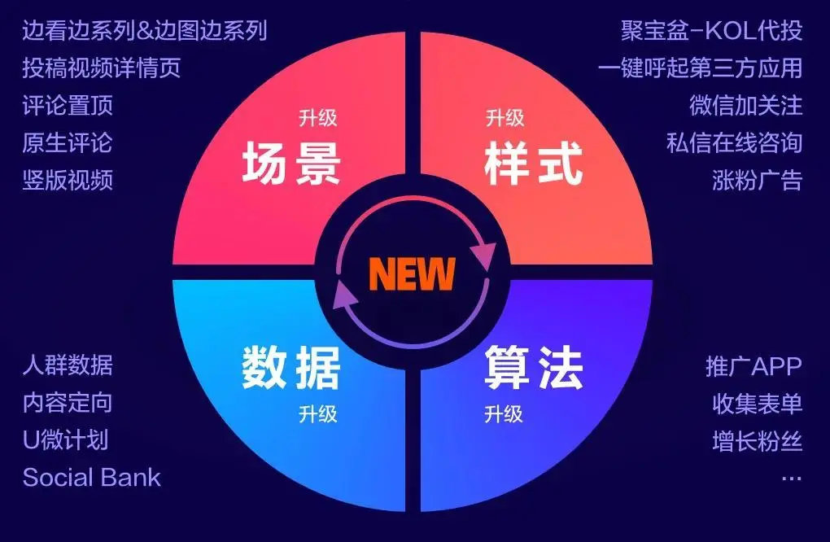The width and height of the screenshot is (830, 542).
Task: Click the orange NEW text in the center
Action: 412,273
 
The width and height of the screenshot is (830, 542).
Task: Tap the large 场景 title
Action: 291,164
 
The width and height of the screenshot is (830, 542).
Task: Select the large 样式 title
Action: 534,164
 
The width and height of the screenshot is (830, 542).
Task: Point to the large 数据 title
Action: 291,367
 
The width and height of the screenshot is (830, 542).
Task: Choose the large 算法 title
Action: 534,367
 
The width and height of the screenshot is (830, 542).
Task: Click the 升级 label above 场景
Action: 317,117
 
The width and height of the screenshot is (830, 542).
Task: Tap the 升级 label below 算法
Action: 504,413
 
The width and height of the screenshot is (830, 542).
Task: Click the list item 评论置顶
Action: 68,105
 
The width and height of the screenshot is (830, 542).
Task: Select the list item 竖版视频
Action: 68,180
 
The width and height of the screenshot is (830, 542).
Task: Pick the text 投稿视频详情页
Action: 102,68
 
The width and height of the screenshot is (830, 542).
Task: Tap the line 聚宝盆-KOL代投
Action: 711,31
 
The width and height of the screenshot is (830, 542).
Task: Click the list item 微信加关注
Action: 746,105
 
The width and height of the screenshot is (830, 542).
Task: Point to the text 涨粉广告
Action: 758,180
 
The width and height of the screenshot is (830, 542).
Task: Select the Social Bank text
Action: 92,478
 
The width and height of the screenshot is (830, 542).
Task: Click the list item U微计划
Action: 66,439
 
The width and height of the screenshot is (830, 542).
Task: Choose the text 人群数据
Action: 68,365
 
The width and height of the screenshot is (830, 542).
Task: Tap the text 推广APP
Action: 754,366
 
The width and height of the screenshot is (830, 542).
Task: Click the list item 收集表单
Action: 758,404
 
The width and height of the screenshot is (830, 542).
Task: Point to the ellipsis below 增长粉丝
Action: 792,479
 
